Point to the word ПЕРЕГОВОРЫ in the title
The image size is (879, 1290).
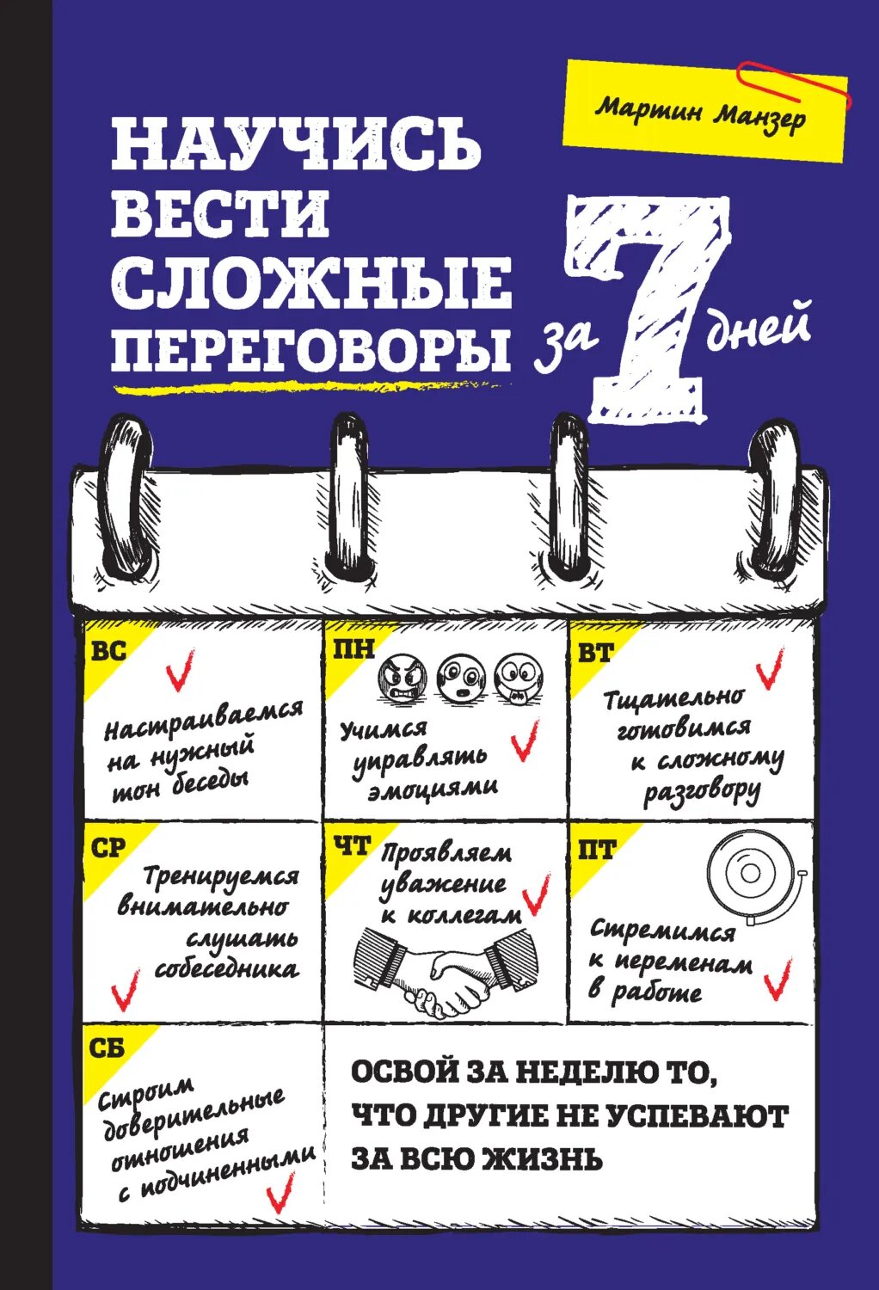point(310,346)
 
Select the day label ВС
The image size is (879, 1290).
point(108,651)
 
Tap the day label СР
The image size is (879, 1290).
point(108,848)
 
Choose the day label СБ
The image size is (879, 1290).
point(108,1047)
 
